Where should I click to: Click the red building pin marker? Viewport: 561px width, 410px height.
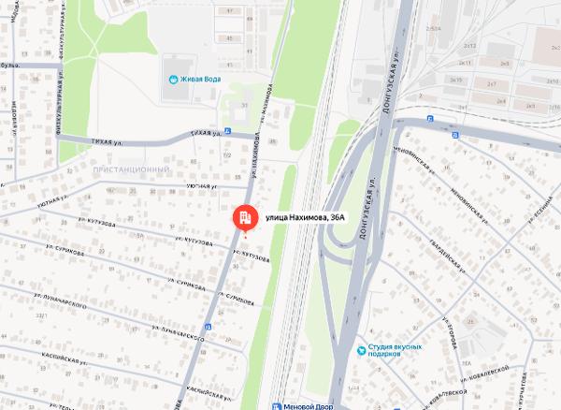pyautogui.click(x=243, y=217)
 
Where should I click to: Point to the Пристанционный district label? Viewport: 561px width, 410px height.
pyautogui.click(x=131, y=168)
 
